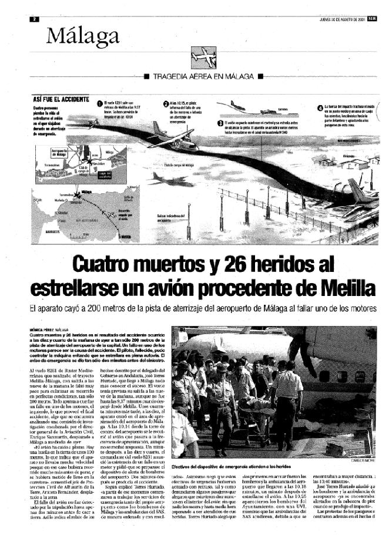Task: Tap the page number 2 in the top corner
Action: click(35, 18)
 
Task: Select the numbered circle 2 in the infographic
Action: click(166, 103)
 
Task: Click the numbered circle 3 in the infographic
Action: click(220, 123)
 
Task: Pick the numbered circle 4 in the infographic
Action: click(320, 107)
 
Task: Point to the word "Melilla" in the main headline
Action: click(344, 287)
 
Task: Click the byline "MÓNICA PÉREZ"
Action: click(48, 329)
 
